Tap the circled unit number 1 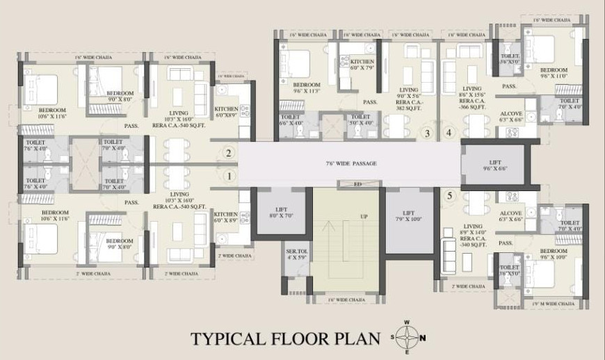tap(229, 176)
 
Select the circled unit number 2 tap(227, 154)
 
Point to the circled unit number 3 tap(427, 133)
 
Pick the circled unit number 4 tap(449, 133)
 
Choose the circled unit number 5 tap(449, 195)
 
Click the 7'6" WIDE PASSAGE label tap(350, 163)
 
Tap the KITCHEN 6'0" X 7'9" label tap(362, 65)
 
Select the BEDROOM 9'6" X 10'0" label tap(554, 253)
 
